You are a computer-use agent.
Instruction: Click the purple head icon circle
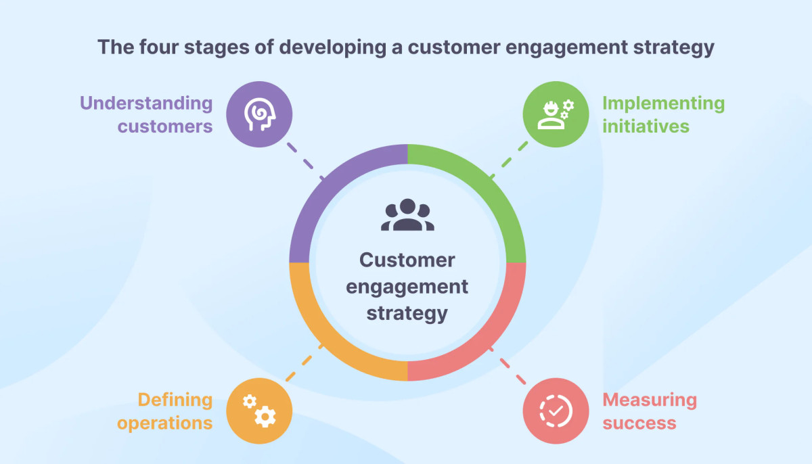pos(259,114)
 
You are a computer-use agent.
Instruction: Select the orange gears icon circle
pos(259,411)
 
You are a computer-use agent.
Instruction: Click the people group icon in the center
pos(407,216)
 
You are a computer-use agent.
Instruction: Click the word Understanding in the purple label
pos(146,103)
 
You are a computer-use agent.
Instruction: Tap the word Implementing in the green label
pos(663,103)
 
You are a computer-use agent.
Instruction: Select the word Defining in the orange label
pos(175,400)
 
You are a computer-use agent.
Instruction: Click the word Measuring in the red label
pos(650,400)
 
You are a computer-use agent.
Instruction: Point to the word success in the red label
pos(639,423)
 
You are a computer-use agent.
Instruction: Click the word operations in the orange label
pos(164,423)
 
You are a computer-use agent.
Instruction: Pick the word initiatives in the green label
pos(646,126)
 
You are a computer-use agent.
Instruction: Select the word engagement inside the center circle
pos(407,286)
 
